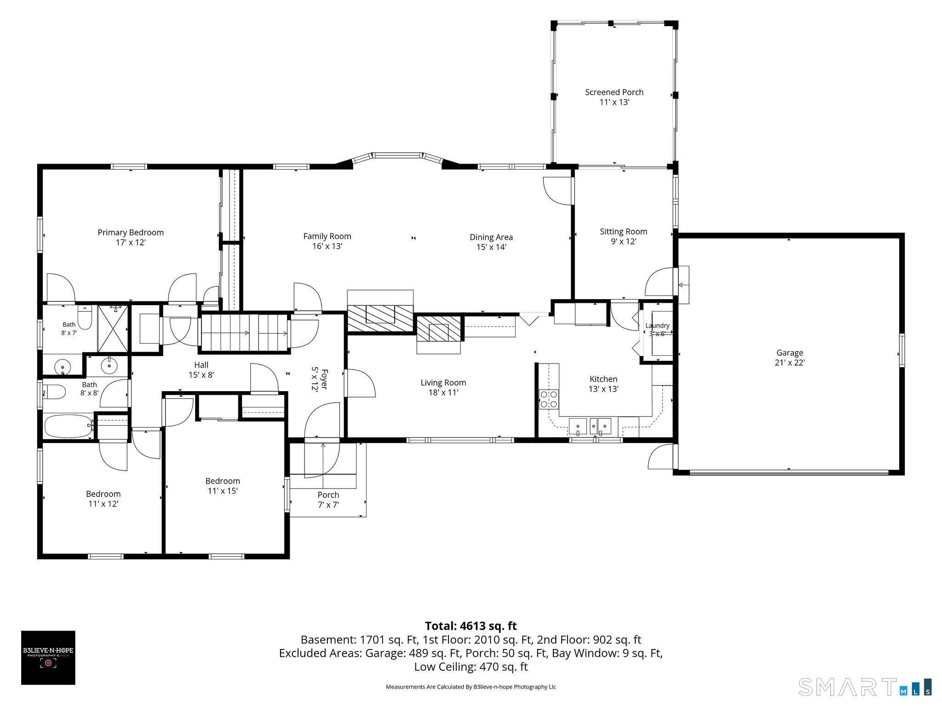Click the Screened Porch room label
click(x=614, y=97)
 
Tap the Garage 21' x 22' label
click(x=790, y=358)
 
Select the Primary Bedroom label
click(x=131, y=237)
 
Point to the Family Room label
click(x=327, y=241)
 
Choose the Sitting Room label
click(x=623, y=236)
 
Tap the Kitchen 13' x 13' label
click(x=603, y=384)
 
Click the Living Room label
click(x=443, y=387)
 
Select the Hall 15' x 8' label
click(x=201, y=370)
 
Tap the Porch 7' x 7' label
click(x=328, y=500)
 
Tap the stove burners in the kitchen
click(x=549, y=399)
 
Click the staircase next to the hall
click(x=245, y=333)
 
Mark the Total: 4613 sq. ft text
click(x=471, y=626)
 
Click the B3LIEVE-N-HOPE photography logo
click(x=48, y=658)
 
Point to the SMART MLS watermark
click(x=865, y=686)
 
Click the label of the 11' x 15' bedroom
click(x=223, y=485)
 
